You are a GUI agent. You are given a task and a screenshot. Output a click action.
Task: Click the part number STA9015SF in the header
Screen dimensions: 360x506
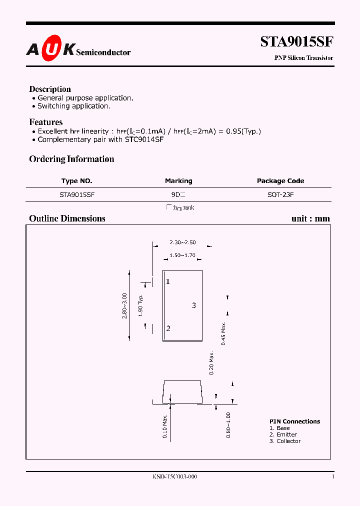pos(296,41)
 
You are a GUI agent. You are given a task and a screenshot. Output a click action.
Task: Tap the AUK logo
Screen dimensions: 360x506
pos(50,48)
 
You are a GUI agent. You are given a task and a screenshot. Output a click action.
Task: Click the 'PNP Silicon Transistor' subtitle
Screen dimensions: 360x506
pos(303,58)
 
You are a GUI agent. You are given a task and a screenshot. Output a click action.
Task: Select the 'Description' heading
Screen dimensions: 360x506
pos(50,89)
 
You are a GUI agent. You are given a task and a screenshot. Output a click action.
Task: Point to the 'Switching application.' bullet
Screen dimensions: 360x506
pos(73,106)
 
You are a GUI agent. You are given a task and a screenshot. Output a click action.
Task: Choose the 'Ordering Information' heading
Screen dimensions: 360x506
pos(71,159)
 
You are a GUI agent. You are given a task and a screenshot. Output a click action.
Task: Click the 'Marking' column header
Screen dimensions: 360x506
pos(178,181)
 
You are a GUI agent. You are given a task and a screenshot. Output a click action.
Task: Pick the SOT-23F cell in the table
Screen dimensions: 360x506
pos(280,194)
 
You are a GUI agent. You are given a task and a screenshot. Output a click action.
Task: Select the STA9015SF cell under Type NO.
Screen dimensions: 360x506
pos(77,194)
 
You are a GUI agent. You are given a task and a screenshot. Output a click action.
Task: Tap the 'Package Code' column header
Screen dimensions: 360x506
pos(280,181)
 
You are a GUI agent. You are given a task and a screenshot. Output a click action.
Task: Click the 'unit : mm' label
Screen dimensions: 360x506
pos(310,218)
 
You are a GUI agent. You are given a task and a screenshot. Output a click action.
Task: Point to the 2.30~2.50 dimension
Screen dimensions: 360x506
pos(182,242)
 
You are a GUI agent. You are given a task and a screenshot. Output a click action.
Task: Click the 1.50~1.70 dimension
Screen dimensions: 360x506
pos(182,255)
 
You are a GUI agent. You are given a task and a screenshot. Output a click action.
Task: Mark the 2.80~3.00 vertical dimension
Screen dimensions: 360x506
pos(125,305)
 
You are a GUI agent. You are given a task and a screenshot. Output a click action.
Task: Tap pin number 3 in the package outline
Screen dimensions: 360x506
pos(194,305)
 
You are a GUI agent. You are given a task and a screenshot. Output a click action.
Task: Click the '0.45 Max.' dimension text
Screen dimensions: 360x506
pos(224,333)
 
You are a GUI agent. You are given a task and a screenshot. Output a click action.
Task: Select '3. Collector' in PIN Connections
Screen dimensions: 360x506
pos(285,441)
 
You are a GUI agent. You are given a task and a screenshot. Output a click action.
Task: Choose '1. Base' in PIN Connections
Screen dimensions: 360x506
pos(279,428)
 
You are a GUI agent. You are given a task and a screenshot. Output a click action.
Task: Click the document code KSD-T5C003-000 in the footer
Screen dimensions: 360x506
pos(175,477)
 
